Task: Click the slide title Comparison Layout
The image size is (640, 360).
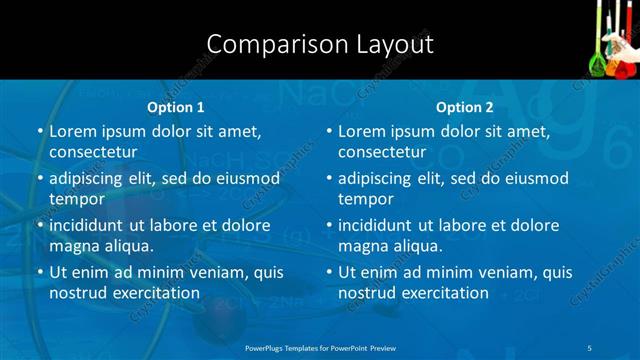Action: coord(320,45)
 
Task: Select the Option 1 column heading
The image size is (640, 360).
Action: coord(175,107)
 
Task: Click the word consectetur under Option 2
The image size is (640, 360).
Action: coord(382,152)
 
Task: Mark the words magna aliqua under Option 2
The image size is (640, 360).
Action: coord(390,246)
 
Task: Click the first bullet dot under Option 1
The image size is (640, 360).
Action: coord(40,132)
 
